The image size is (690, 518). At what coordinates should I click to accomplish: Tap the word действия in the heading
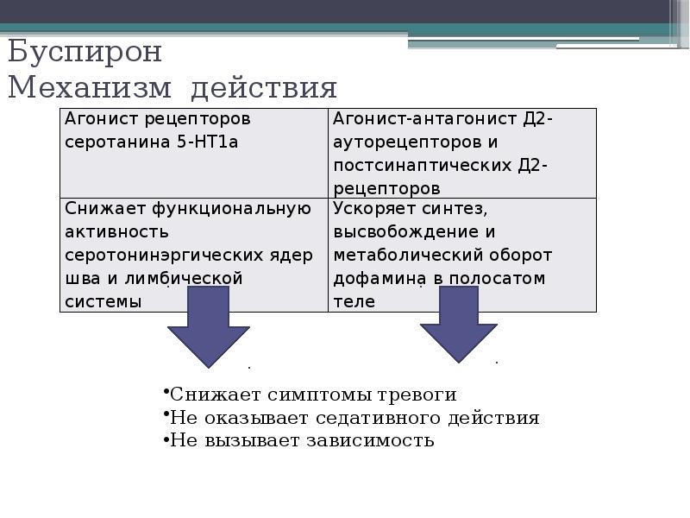(264, 89)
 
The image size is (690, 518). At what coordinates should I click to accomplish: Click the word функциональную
(232, 208)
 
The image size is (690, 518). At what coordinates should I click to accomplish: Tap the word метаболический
(398, 256)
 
